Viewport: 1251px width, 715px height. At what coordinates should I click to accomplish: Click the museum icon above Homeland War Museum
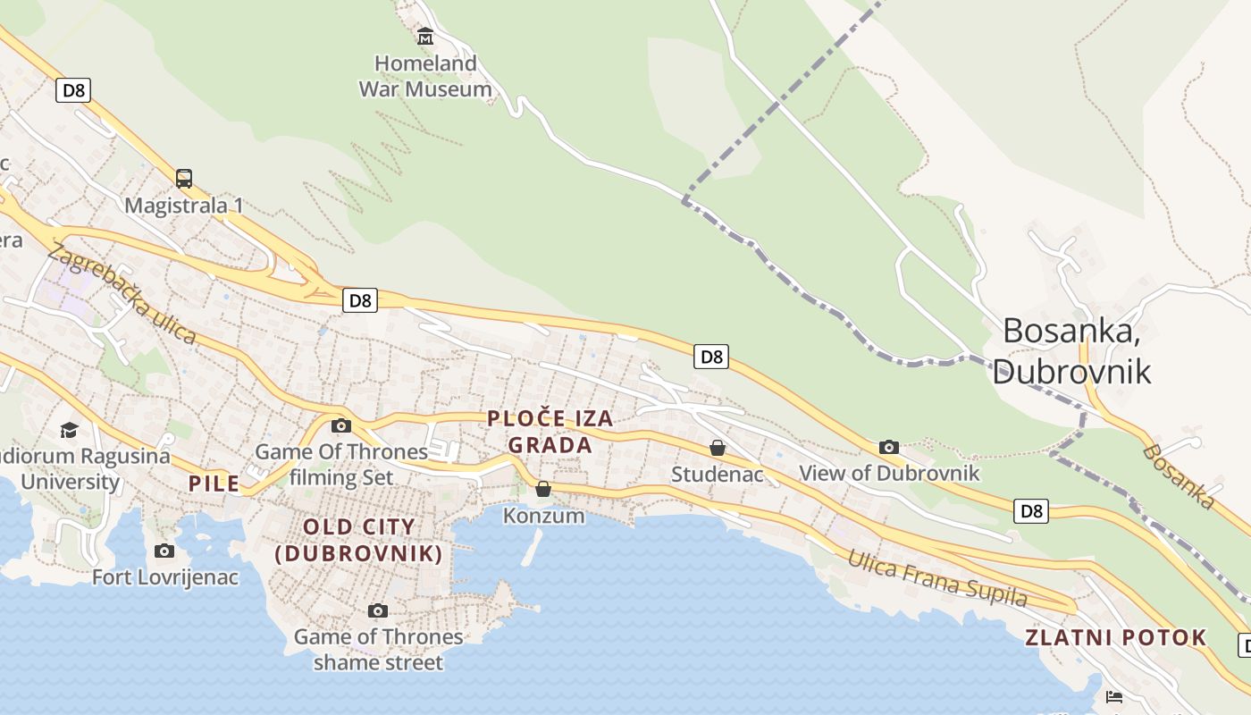[425, 37]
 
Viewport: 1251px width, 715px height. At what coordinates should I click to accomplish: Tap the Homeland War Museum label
[425, 76]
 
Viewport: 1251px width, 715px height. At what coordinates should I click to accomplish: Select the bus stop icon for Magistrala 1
[184, 179]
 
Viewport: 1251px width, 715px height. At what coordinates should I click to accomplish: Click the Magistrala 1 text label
[184, 206]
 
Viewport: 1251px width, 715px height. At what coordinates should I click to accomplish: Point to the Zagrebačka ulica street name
[122, 293]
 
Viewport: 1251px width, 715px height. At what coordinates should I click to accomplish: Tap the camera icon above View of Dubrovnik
[888, 447]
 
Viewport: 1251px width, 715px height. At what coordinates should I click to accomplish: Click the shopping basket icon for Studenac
[718, 448]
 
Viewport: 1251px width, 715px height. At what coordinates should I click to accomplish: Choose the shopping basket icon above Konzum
[543, 489]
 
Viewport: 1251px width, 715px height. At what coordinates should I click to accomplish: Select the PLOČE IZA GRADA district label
[550, 431]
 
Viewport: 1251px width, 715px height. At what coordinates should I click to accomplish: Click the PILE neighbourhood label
[214, 484]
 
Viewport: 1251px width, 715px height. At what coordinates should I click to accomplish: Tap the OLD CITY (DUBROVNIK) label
[359, 540]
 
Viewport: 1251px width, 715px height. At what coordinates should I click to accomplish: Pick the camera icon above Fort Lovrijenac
[164, 551]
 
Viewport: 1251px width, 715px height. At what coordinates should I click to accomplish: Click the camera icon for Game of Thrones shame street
[378, 611]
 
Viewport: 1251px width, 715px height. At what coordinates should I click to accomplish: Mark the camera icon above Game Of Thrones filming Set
[341, 425]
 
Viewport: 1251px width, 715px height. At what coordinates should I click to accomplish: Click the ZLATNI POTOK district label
[1115, 637]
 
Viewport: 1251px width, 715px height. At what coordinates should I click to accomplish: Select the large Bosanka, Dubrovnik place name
[1071, 349]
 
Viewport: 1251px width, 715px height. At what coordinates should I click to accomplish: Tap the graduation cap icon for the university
[70, 431]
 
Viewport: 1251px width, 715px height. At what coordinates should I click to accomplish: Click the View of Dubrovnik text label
[889, 473]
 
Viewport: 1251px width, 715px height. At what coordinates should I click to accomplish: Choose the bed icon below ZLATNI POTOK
[1113, 696]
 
